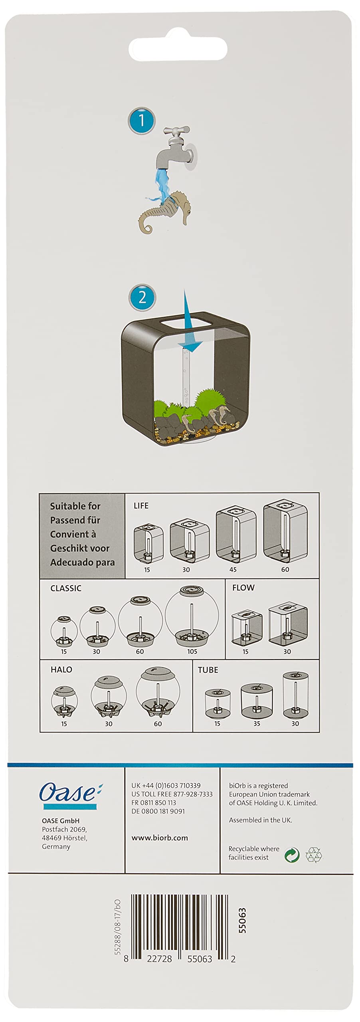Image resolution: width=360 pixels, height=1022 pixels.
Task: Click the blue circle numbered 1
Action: pyautogui.click(x=141, y=121)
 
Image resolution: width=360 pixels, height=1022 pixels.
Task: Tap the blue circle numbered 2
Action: pyautogui.click(x=142, y=298)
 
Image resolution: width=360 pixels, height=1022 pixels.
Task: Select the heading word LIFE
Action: pyautogui.click(x=141, y=506)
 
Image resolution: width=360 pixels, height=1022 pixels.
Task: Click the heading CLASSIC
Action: pyautogui.click(x=66, y=588)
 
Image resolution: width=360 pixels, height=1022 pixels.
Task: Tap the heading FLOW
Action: pyautogui.click(x=243, y=588)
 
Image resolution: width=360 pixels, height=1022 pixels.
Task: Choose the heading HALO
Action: pyautogui.click(x=61, y=670)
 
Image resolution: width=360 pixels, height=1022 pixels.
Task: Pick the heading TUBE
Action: pyautogui.click(x=208, y=670)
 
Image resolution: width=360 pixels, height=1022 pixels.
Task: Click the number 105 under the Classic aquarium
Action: pyautogui.click(x=192, y=652)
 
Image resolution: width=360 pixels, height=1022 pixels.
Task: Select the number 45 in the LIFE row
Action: pyautogui.click(x=233, y=570)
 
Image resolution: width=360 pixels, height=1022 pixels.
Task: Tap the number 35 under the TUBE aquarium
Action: pyautogui.click(x=256, y=723)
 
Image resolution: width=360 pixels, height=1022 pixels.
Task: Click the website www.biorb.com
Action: pyautogui.click(x=160, y=838)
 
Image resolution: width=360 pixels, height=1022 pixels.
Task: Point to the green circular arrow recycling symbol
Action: pyautogui.click(x=292, y=855)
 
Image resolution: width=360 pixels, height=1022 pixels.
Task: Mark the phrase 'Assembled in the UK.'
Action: pyautogui.click(x=261, y=820)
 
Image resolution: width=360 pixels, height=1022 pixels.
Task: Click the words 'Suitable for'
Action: pyautogui.click(x=75, y=506)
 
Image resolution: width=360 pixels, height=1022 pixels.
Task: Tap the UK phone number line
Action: pyautogui.click(x=166, y=785)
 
